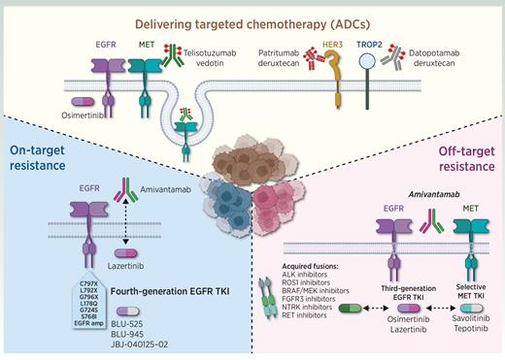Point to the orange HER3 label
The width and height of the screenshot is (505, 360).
tap(342, 44)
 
